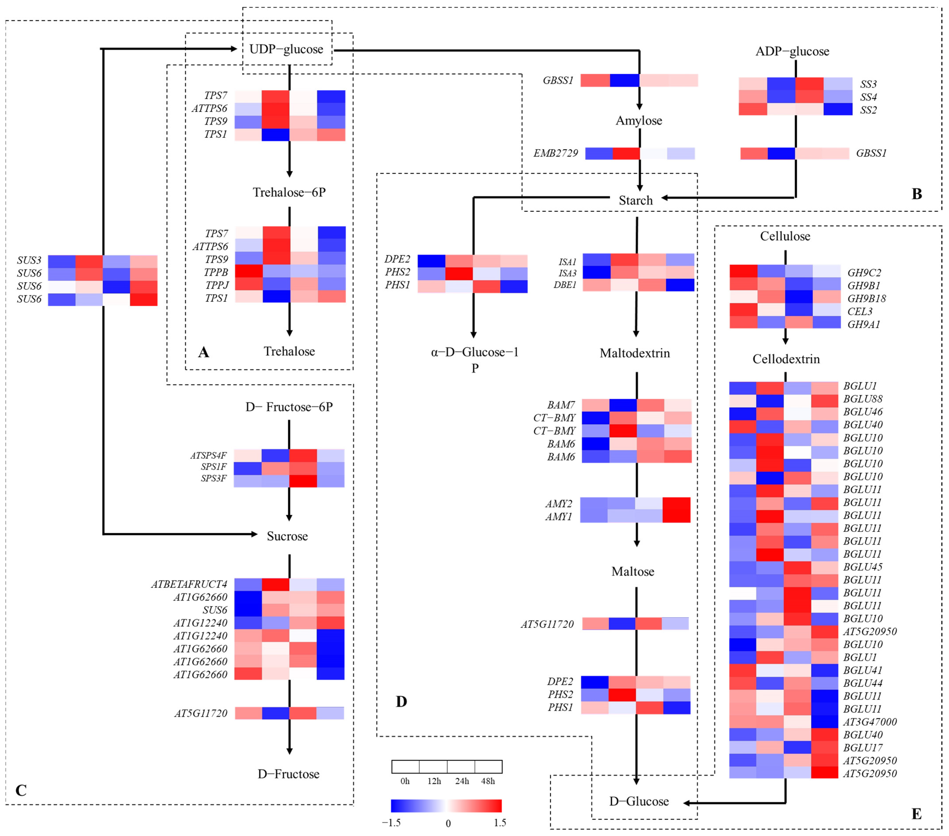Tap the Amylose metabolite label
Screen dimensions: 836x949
(x=639, y=121)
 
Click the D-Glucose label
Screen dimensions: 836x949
(x=639, y=801)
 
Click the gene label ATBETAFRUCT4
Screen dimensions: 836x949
(x=189, y=584)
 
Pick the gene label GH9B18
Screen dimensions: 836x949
(x=866, y=298)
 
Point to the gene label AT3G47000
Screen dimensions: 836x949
(x=870, y=722)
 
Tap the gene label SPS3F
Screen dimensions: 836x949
(x=214, y=478)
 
